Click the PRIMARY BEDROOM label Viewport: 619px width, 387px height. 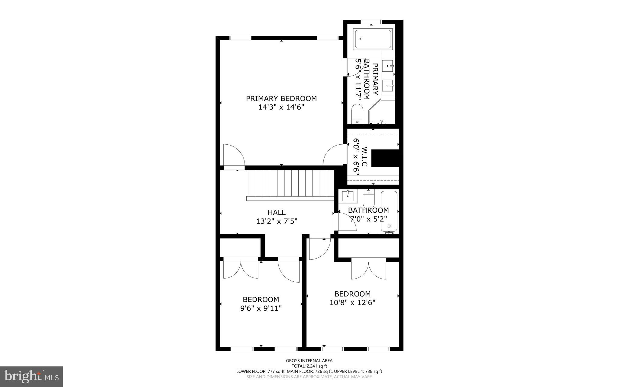point(281,99)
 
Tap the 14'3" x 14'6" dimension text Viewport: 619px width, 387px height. point(281,107)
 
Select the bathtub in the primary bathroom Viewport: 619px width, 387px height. point(373,39)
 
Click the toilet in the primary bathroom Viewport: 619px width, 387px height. point(357,113)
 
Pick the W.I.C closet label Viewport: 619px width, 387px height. point(365,156)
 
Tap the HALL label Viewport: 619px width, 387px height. point(277,212)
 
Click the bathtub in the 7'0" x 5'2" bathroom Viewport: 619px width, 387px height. point(389,211)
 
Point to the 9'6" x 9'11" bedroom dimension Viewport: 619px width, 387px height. point(261,308)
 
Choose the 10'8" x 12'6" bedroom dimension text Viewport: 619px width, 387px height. point(352,303)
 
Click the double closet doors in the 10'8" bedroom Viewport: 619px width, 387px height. point(368,269)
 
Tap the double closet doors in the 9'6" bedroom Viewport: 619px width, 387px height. point(241,268)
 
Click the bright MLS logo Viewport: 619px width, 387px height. point(31,376)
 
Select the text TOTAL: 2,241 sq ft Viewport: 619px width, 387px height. point(309,366)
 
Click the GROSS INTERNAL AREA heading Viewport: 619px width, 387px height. point(309,361)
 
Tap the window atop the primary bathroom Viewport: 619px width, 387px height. point(371,22)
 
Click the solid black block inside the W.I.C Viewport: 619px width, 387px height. point(385,158)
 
